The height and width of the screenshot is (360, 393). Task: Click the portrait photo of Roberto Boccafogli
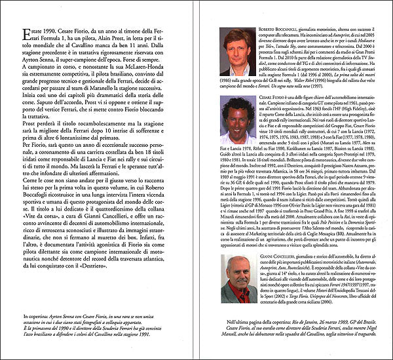[x=238, y=52]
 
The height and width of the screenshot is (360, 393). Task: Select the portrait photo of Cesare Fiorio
[x=238, y=138]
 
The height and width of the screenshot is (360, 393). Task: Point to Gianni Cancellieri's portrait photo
[x=238, y=278]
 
